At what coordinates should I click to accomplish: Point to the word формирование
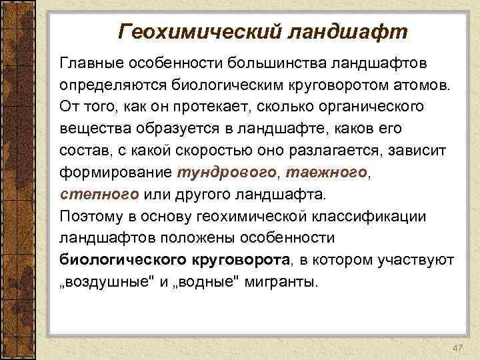pos(115,173)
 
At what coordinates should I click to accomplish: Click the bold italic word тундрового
pos(227,173)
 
